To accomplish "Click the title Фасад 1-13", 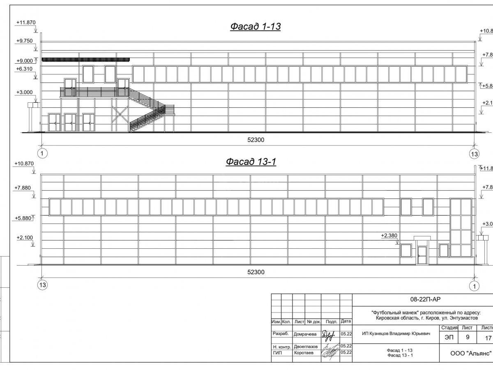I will click(x=255, y=27).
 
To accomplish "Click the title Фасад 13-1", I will click(x=251, y=162).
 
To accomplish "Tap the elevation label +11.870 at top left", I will click(x=25, y=23).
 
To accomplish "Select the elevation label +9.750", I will click(x=25, y=41).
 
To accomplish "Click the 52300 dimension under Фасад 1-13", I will click(x=256, y=140).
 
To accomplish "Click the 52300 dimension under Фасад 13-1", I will click(x=256, y=272).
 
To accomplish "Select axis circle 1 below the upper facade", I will click(x=42, y=154).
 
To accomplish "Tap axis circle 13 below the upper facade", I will click(x=474, y=154).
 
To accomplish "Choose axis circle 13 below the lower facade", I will click(x=42, y=285).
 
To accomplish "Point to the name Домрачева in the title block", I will click(x=304, y=334).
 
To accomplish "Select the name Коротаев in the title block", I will click(x=304, y=353).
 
